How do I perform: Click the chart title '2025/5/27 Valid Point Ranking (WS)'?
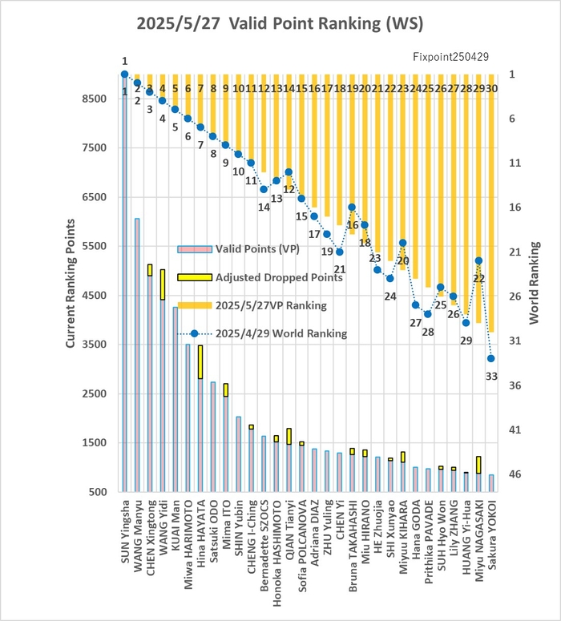click(x=280, y=23)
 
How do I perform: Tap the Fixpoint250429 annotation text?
click(x=450, y=57)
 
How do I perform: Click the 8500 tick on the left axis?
click(x=95, y=99)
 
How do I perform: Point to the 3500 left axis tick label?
click(x=95, y=345)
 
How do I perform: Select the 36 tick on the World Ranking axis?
click(x=515, y=385)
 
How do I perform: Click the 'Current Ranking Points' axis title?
click(x=71, y=284)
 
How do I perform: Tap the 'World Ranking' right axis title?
click(x=534, y=283)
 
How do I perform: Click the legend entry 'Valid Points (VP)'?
click(x=239, y=249)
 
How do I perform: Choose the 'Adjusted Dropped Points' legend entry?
click(x=260, y=277)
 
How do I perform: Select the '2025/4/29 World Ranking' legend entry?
click(x=262, y=333)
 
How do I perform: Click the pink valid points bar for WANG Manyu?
click(x=137, y=355)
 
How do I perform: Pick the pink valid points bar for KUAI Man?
click(x=176, y=399)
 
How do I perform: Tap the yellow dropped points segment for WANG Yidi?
click(x=163, y=284)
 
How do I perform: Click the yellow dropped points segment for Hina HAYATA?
click(x=200, y=362)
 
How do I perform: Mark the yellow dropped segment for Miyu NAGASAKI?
click(x=478, y=465)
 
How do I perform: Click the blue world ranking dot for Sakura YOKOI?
click(x=491, y=358)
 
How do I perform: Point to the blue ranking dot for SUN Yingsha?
click(x=124, y=74)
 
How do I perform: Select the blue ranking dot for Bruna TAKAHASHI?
click(x=352, y=207)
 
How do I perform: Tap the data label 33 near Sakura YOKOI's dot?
click(x=491, y=377)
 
